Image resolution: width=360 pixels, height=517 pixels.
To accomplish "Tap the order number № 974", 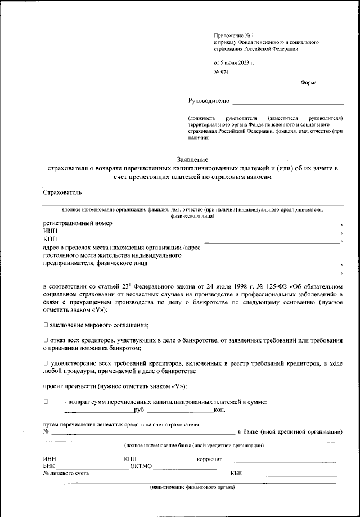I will [x=222, y=73].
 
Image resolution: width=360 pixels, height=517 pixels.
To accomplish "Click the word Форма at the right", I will [x=308, y=83].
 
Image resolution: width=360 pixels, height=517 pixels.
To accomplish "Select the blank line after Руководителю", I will [x=287, y=104].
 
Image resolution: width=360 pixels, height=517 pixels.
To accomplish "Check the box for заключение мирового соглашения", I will [x=46, y=325].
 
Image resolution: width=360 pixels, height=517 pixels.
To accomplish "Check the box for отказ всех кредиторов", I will [x=46, y=340].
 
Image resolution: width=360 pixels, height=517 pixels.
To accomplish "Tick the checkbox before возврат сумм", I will [x=46, y=402].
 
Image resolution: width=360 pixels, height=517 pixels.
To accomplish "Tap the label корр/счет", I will [x=209, y=459].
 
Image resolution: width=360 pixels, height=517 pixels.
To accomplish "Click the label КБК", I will [x=236, y=474].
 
